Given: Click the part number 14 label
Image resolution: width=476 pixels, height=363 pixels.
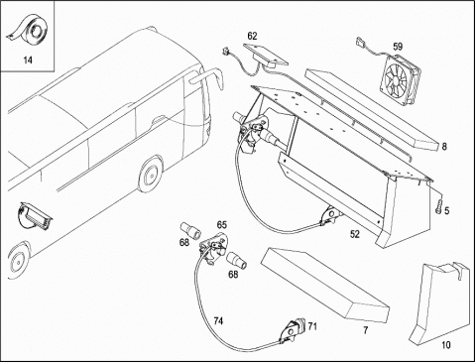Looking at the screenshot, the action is [28, 60].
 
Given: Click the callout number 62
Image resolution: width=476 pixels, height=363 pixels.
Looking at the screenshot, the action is [252, 36].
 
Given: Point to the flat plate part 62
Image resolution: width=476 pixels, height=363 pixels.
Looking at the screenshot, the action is [266, 55].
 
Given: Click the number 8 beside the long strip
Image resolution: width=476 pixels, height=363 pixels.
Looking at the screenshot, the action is [444, 146].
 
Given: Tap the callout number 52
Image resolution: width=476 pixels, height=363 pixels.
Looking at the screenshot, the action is [354, 234].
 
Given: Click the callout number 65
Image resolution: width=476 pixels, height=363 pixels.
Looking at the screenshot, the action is [222, 225].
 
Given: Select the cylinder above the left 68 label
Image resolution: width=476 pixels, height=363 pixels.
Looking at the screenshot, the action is [189, 230].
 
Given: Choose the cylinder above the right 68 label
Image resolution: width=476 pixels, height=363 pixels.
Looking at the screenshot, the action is [237, 259].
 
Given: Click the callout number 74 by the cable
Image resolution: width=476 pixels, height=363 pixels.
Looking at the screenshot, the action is [218, 320].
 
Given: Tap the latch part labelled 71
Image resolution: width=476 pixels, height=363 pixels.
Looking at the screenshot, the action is [293, 330].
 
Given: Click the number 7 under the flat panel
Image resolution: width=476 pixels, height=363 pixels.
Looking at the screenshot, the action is [365, 330].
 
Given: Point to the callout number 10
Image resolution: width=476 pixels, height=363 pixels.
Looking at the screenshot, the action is [446, 345].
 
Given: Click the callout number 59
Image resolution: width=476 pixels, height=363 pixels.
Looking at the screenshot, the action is [398, 47].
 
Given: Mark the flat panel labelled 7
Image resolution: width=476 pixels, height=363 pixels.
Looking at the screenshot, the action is [325, 285].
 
